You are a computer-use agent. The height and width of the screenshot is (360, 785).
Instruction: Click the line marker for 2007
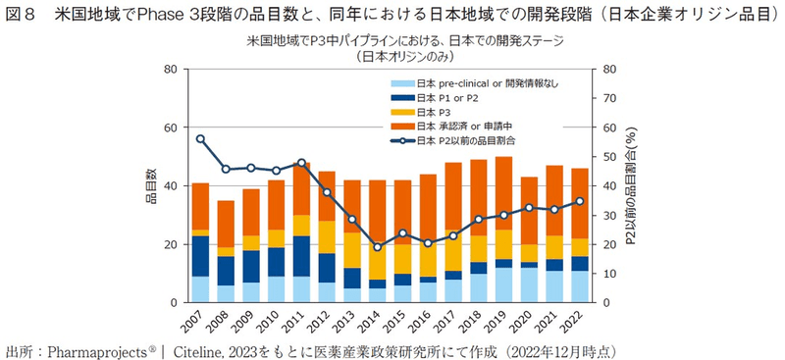coord(200,138)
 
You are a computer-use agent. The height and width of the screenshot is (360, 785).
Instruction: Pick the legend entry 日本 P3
coord(433,112)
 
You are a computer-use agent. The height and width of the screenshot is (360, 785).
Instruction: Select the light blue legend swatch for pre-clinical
coord(401,83)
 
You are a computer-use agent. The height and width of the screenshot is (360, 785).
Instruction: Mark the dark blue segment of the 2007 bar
coord(200,256)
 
